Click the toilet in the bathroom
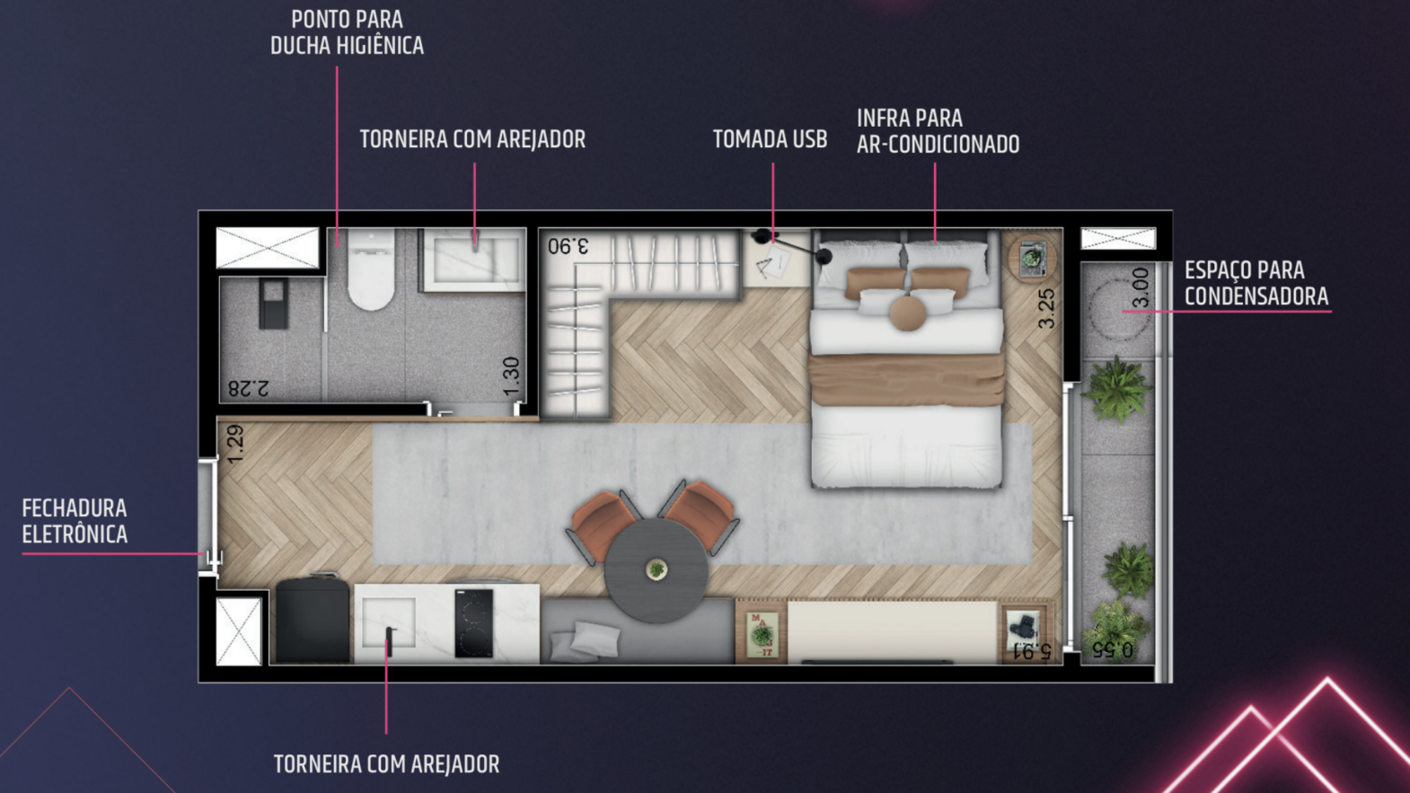coord(372,269)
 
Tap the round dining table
coord(656,571)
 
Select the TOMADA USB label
coord(770,139)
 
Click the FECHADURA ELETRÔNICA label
coord(75,521)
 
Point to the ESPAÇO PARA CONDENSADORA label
coord(1256,283)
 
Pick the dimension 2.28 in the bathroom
coord(248,388)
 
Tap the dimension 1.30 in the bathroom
coord(512,376)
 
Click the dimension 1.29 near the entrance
coord(234,444)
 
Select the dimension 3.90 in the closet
coord(568,245)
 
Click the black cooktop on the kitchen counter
coord(474,623)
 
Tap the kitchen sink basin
coord(388,621)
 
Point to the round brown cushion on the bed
coord(907,313)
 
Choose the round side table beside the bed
coord(1032,257)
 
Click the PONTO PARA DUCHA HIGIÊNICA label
coord(347,32)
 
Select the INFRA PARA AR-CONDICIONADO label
coord(938,131)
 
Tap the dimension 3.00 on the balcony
coord(1140,287)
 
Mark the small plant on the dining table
coord(657,570)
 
